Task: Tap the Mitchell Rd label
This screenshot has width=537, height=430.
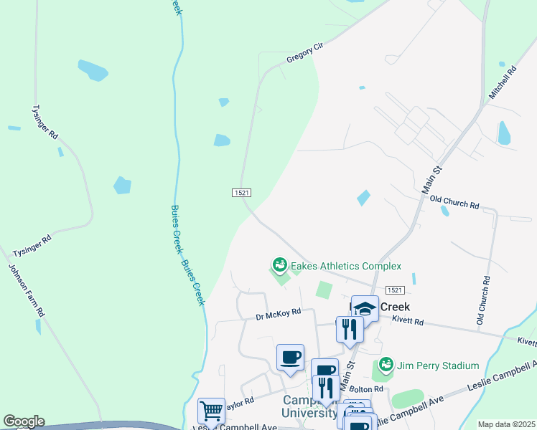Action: pos(503,83)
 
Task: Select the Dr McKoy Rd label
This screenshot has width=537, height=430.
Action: pos(278,314)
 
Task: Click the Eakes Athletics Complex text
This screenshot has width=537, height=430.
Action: pos(345,266)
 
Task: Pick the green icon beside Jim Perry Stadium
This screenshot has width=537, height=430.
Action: pos(386,365)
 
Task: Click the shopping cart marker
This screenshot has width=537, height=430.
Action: pos(211,411)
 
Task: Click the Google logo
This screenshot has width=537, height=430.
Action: pos(24,421)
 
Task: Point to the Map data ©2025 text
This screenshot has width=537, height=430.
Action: pos(506,424)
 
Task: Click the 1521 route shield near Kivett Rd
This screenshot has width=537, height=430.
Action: pos(394,290)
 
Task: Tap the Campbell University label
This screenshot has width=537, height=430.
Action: pos(310,406)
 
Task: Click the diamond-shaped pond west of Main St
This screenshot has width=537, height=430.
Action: pos(364,197)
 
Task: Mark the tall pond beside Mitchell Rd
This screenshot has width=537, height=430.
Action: pos(504,133)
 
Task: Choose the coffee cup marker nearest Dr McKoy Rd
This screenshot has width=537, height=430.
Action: pos(290,358)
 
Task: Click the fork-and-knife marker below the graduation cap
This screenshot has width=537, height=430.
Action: pos(350,330)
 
